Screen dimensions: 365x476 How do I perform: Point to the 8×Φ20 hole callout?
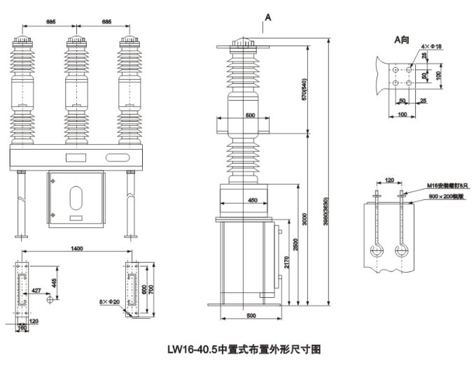click(111, 302)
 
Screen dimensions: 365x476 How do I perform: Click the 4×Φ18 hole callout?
click(432, 46)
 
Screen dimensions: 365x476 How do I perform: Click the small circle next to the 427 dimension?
click(49, 299)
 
